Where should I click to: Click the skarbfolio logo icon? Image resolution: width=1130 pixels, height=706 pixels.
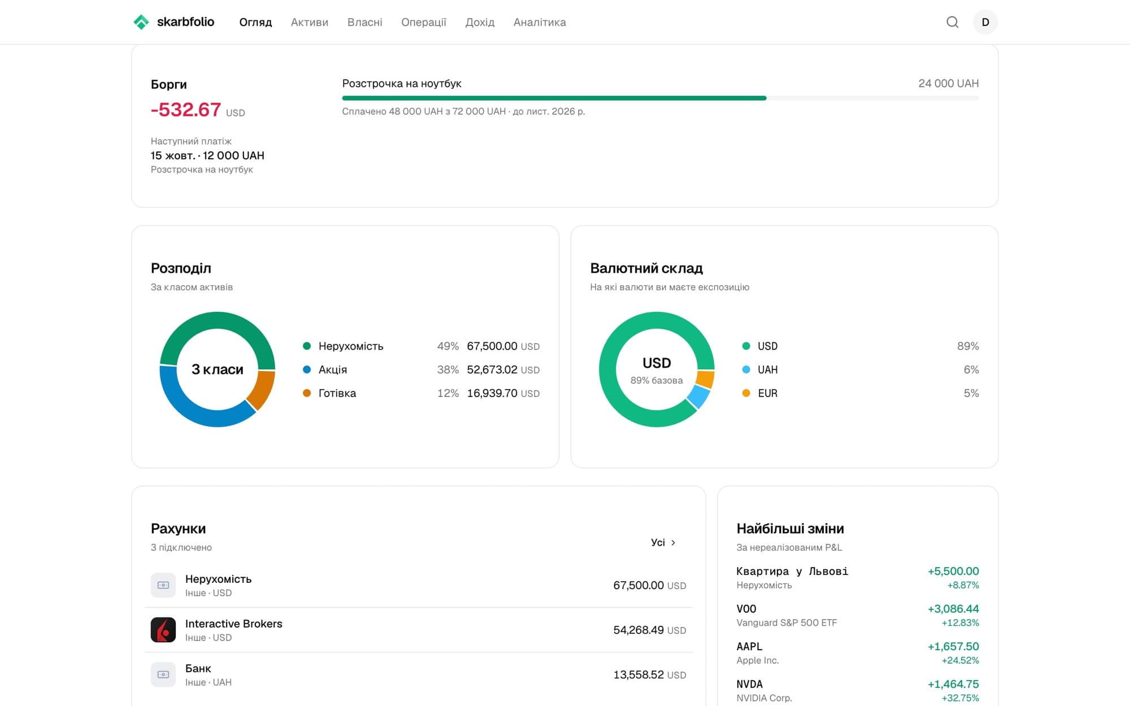click(x=141, y=22)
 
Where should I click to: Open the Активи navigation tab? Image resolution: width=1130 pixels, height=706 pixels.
click(x=310, y=22)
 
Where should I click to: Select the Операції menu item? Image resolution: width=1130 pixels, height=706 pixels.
click(x=424, y=22)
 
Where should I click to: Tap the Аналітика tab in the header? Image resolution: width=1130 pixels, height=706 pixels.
click(x=540, y=22)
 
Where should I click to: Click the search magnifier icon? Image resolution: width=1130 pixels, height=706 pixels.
click(x=953, y=22)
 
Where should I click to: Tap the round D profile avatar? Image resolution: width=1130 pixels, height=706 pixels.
click(x=985, y=22)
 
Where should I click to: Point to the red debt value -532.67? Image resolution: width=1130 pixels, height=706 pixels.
click(x=186, y=109)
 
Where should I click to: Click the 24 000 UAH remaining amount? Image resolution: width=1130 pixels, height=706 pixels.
click(x=949, y=84)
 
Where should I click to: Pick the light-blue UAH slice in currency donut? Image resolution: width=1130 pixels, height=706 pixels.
click(x=699, y=396)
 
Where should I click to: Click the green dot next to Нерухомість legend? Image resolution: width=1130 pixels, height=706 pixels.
click(x=307, y=346)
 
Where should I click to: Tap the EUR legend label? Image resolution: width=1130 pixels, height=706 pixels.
click(x=767, y=393)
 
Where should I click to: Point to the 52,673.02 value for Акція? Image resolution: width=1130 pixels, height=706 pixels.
click(x=492, y=369)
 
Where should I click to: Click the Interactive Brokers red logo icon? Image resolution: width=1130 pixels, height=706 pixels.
click(x=163, y=630)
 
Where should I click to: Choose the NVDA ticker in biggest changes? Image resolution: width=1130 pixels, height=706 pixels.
click(x=749, y=684)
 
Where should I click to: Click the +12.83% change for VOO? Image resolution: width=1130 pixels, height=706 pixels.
click(x=960, y=622)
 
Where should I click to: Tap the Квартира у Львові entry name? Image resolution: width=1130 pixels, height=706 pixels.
click(x=792, y=571)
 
